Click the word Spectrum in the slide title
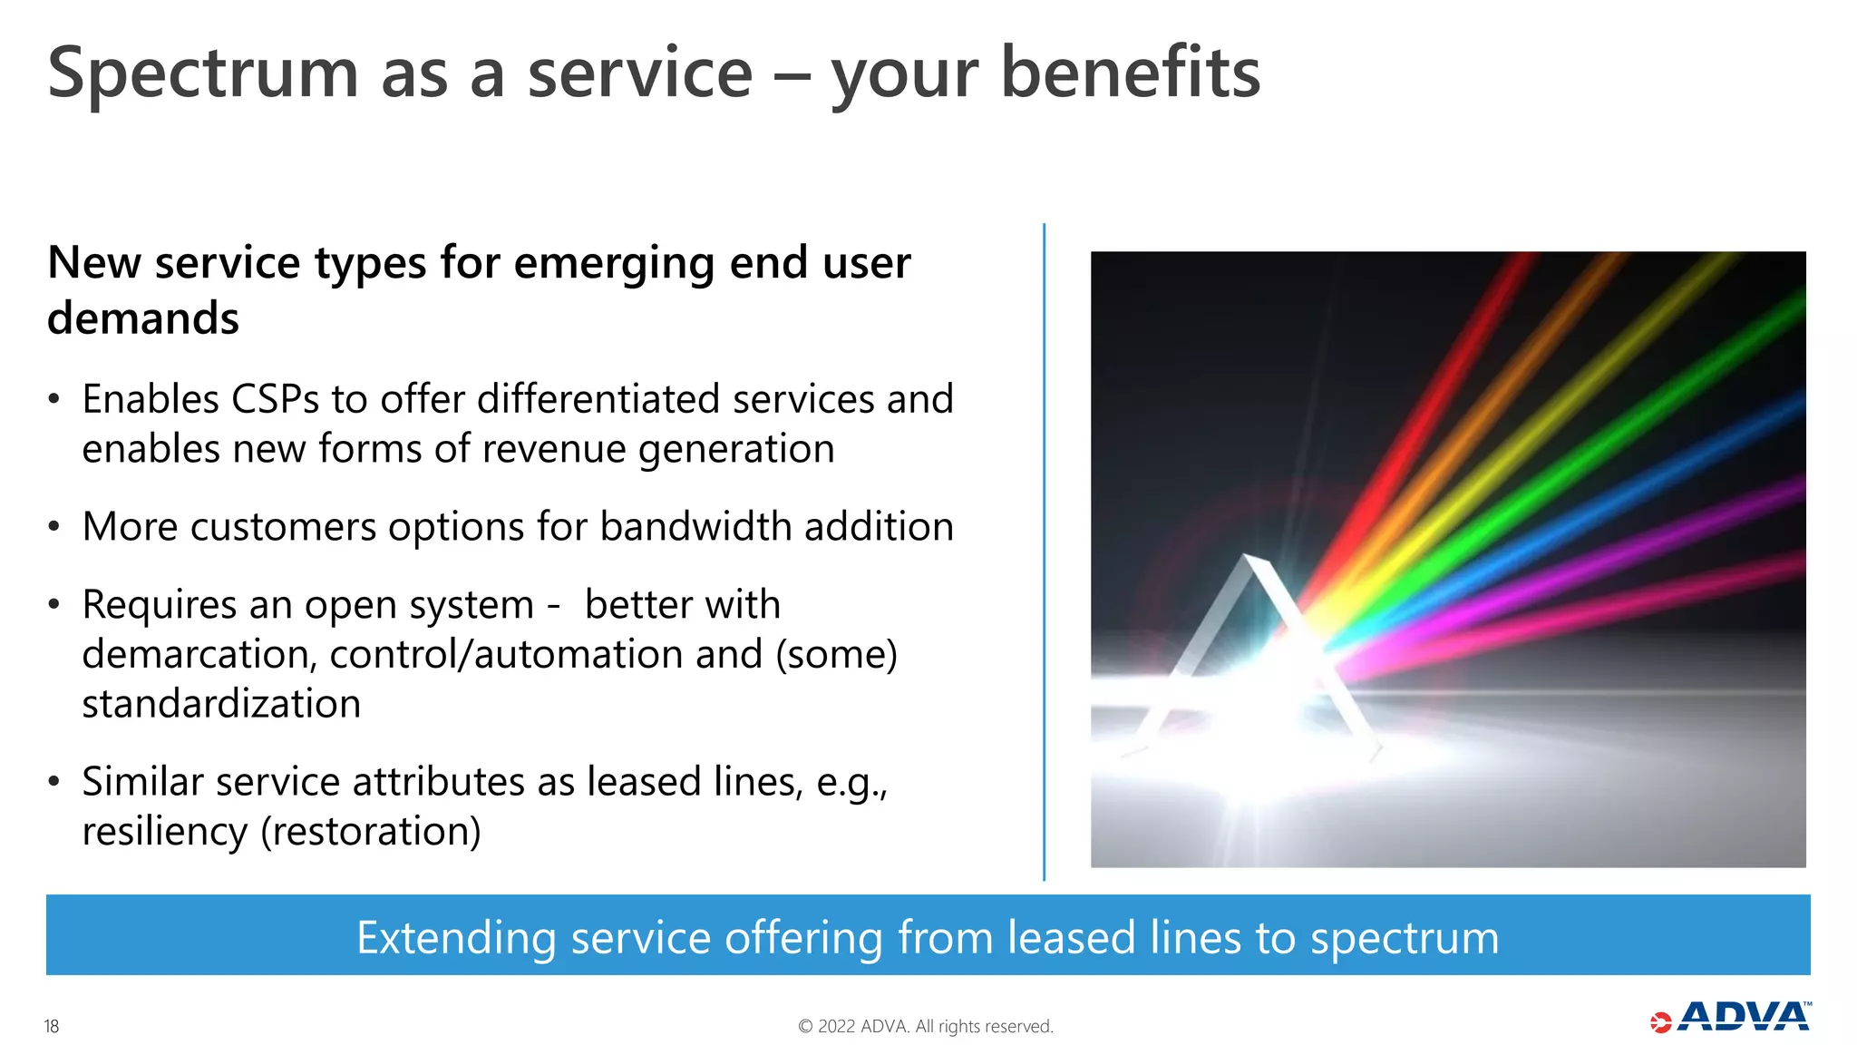pyautogui.click(x=203, y=74)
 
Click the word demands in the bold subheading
pyautogui.click(x=143, y=318)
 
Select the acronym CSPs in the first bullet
pyautogui.click(x=275, y=399)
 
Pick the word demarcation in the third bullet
pyautogui.click(x=199, y=655)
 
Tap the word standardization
pyautogui.click(x=221, y=705)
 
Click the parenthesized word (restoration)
pyautogui.click(x=371, y=832)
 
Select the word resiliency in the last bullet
pyautogui.click(x=164, y=832)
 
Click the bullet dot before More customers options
pyautogui.click(x=54, y=527)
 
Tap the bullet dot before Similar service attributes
pyautogui.click(x=54, y=782)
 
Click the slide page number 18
pyautogui.click(x=52, y=1026)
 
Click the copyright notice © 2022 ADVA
pyautogui.click(x=925, y=1026)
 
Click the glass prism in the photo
pyautogui.click(x=1256, y=653)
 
